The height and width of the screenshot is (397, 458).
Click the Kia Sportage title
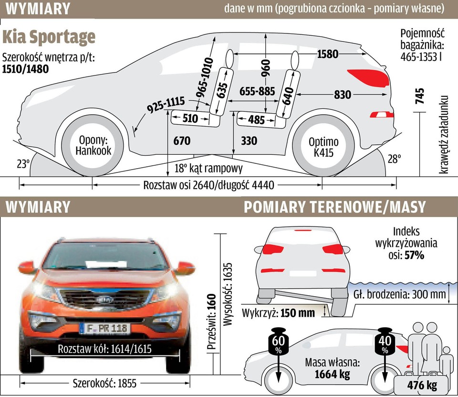(x=49, y=37)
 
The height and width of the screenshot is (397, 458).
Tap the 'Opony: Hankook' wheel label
(x=94, y=146)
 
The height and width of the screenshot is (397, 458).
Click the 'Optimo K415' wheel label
(x=323, y=147)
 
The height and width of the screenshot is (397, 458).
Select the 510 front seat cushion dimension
(x=190, y=118)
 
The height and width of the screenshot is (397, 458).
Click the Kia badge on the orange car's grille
(x=106, y=299)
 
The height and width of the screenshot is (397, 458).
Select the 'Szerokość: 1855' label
(x=104, y=382)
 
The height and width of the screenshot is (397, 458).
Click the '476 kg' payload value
(x=422, y=386)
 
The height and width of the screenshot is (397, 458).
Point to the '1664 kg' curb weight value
(x=332, y=375)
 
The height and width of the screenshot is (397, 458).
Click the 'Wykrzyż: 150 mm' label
(x=279, y=313)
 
